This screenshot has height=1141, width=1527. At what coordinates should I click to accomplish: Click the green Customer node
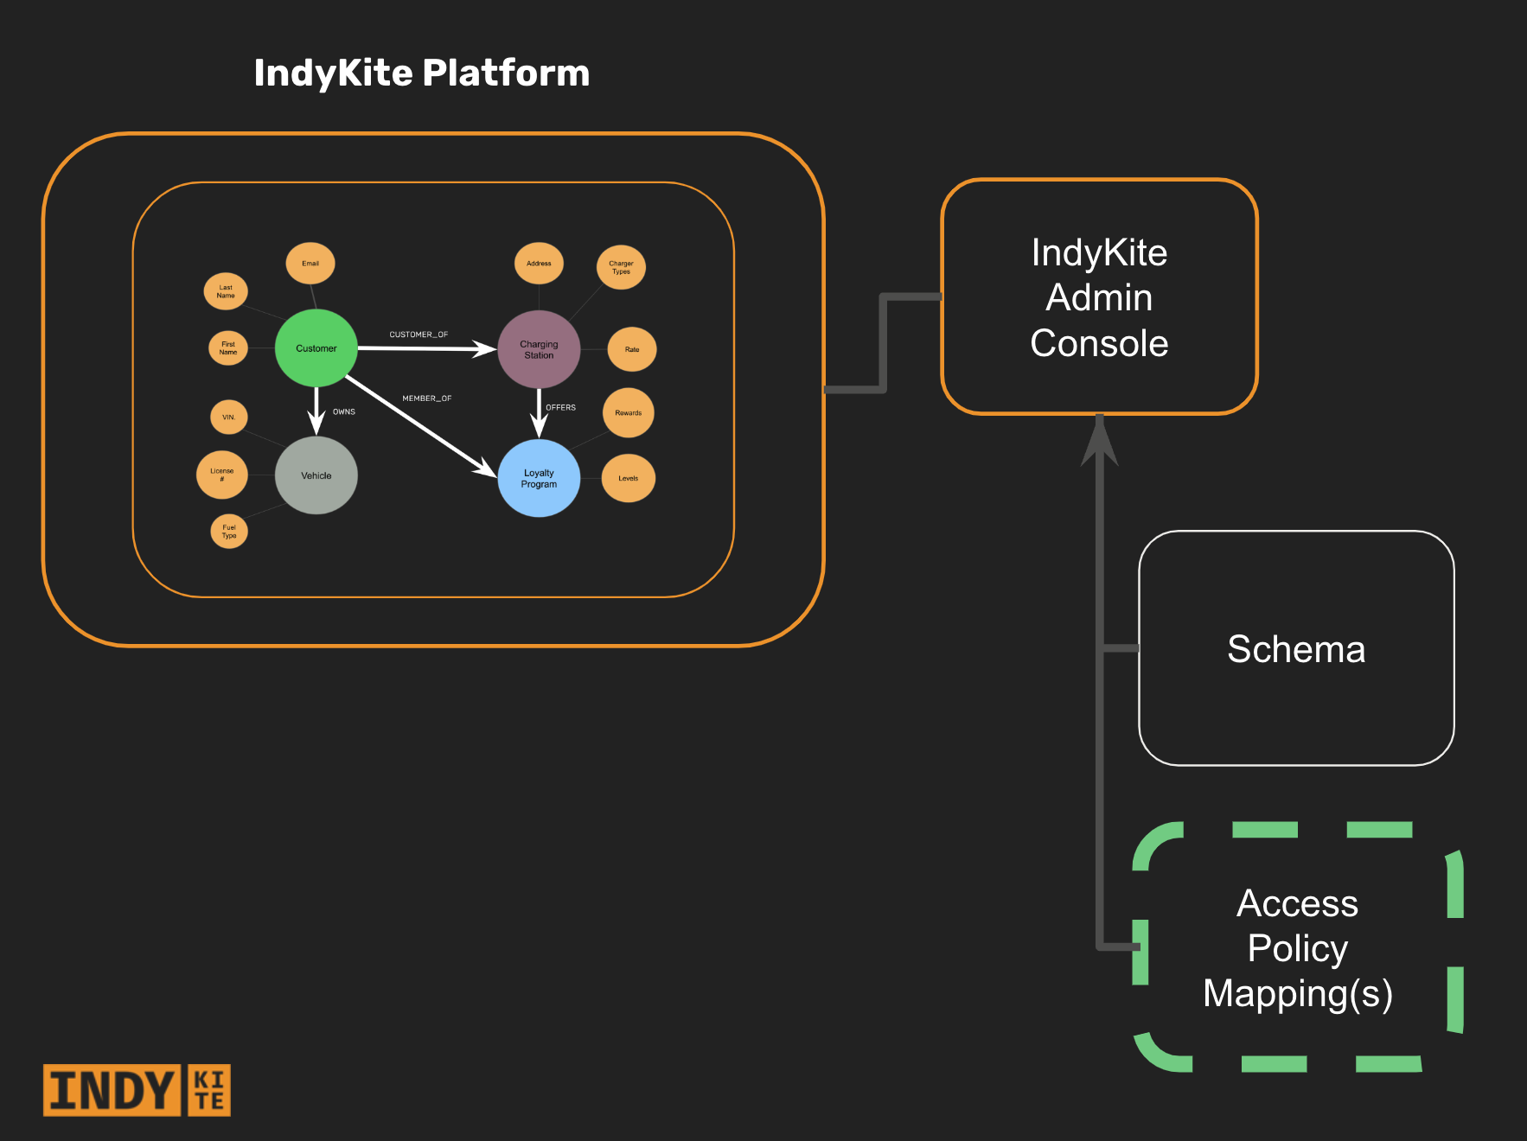pyautogui.click(x=316, y=348)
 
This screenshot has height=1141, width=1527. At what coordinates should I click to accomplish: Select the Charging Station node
pyautogui.click(x=539, y=349)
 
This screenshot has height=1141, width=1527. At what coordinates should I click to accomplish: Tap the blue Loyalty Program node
pyautogui.click(x=539, y=478)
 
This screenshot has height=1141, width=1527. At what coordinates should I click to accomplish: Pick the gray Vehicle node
pyautogui.click(x=316, y=475)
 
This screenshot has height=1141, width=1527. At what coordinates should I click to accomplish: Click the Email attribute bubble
pyautogui.click(x=310, y=264)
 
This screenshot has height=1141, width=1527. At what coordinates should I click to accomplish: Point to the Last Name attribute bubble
pyautogui.click(x=226, y=291)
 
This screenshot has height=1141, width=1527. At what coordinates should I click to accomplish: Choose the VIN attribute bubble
pyautogui.click(x=228, y=417)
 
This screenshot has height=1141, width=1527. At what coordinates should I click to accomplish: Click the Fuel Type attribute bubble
pyautogui.click(x=229, y=531)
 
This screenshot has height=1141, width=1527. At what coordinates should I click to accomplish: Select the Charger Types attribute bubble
pyautogui.click(x=621, y=267)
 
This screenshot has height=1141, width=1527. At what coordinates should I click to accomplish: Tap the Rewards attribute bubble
pyautogui.click(x=629, y=412)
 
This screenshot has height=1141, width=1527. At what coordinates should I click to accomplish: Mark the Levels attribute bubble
pyautogui.click(x=629, y=478)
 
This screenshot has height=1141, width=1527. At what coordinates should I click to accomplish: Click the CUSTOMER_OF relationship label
pyautogui.click(x=418, y=335)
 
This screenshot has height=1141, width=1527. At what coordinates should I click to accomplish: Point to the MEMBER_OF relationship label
pyautogui.click(x=426, y=398)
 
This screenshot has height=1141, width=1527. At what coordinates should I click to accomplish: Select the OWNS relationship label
pyautogui.click(x=344, y=411)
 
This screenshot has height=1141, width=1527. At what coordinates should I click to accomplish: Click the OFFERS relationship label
pyautogui.click(x=560, y=407)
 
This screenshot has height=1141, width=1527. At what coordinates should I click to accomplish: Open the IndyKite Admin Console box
pyautogui.click(x=1099, y=297)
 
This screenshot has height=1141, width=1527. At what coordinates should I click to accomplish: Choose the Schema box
pyautogui.click(x=1296, y=648)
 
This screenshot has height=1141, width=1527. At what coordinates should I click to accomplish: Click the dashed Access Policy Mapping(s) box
pyautogui.click(x=1297, y=947)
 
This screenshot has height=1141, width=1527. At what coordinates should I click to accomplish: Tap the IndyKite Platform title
pyautogui.click(x=422, y=73)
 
